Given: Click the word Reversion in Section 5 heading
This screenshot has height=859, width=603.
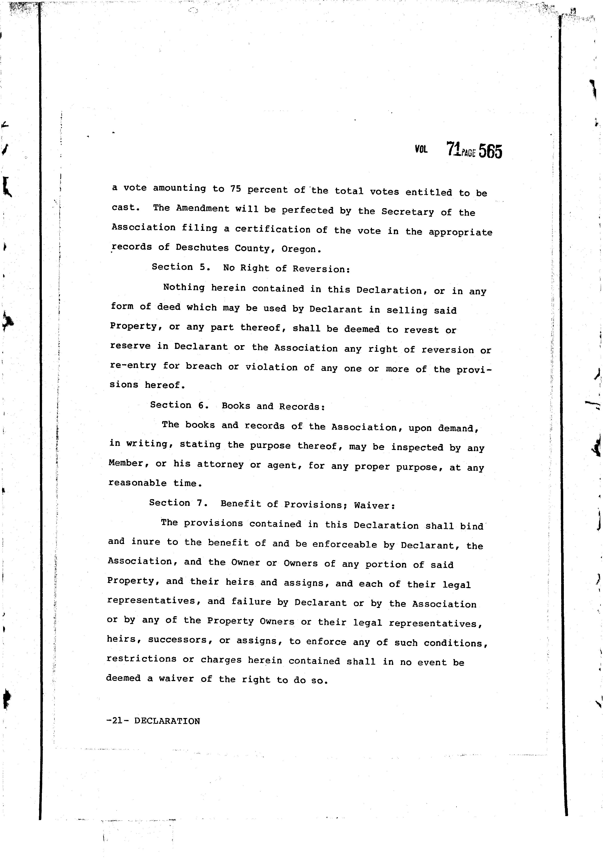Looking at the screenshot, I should [321, 269].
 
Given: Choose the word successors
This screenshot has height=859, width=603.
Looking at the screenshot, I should [178, 640].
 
